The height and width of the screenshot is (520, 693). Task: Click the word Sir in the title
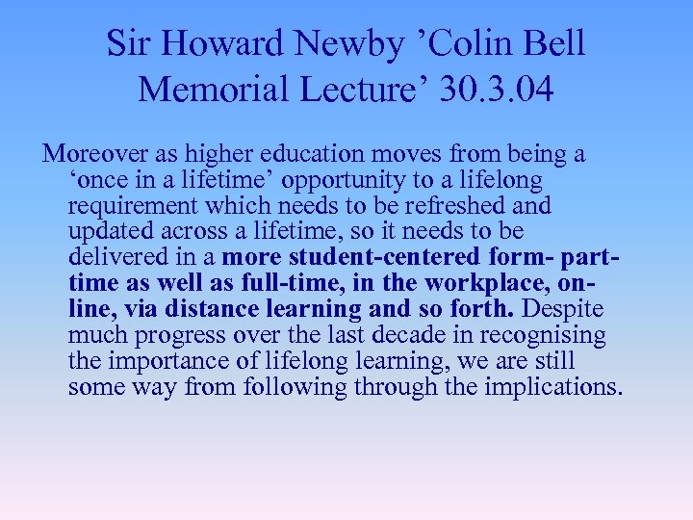pyautogui.click(x=125, y=43)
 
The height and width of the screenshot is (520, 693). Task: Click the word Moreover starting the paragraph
pyautogui.click(x=94, y=154)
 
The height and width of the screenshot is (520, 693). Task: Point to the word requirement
pyautogui.click(x=124, y=206)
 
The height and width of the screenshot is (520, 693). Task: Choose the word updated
pyautogui.click(x=107, y=232)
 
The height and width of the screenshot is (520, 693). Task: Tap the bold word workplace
pyautogui.click(x=497, y=284)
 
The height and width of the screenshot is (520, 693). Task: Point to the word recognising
pyautogui.click(x=545, y=336)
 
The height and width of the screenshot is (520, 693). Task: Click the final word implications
pyautogui.click(x=553, y=388)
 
